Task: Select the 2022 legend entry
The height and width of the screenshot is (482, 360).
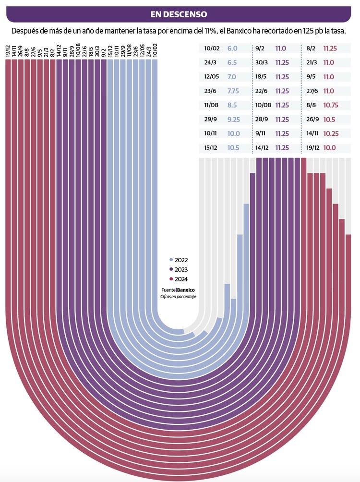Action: tap(180, 259)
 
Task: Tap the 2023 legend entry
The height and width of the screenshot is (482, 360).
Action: tap(180, 269)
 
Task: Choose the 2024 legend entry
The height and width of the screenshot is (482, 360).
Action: tap(180, 279)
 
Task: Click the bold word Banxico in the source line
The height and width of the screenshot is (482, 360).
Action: tap(186, 290)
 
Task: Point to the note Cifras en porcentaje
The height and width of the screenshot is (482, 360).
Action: tap(178, 297)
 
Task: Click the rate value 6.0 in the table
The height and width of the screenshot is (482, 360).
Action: tap(232, 48)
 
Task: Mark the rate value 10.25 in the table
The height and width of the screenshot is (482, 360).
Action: tap(331, 133)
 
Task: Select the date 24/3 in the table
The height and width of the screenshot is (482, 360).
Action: tap(210, 62)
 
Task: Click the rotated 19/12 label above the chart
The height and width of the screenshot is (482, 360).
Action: tap(8, 51)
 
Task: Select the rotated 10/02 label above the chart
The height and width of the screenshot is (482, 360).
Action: tap(155, 50)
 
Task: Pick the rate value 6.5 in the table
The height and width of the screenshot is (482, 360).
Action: tap(232, 62)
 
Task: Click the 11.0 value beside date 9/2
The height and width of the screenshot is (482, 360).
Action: tap(281, 48)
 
